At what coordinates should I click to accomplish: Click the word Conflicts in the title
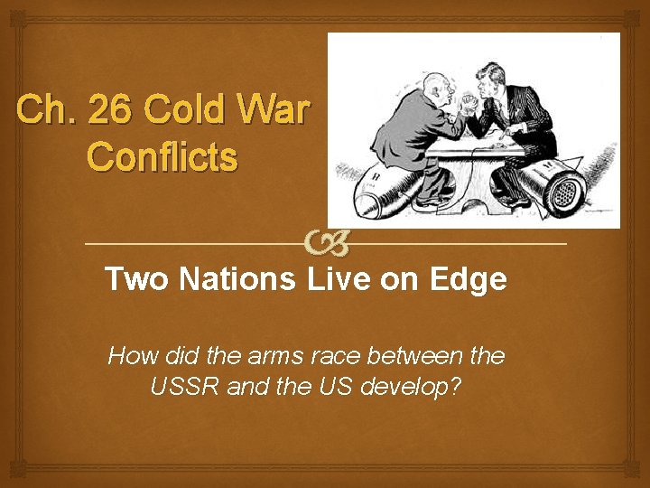click(x=162, y=156)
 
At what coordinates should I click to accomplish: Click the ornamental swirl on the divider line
click(x=324, y=242)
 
